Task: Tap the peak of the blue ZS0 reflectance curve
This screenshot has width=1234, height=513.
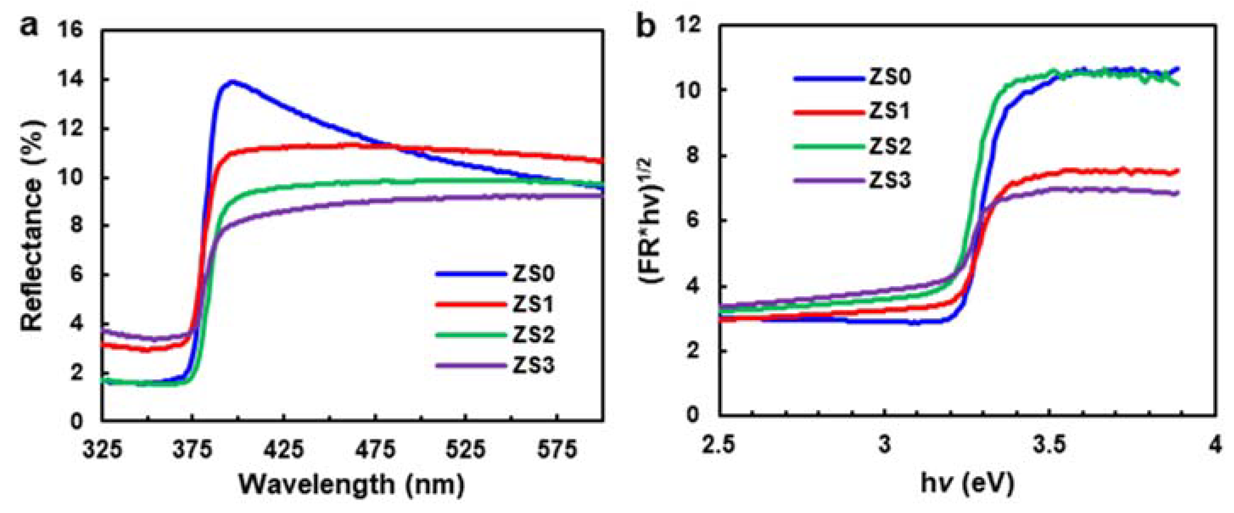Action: (x=232, y=81)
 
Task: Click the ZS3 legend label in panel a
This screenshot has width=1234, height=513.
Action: (x=533, y=366)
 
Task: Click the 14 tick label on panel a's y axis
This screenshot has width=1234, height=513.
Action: (x=70, y=80)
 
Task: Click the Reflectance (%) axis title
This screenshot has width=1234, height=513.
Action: (x=33, y=225)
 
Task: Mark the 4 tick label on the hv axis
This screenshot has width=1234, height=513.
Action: (x=1215, y=444)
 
